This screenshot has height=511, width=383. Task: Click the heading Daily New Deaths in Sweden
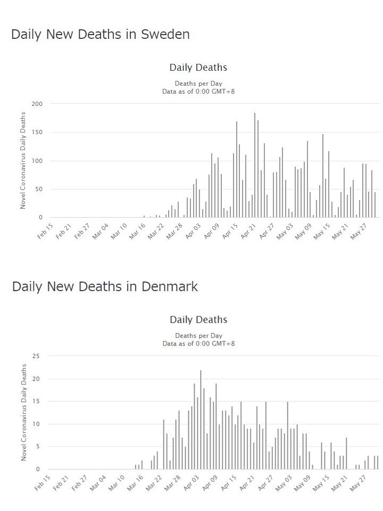pyautogui.click(x=100, y=35)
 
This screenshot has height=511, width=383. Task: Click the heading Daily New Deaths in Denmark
pyautogui.click(x=105, y=287)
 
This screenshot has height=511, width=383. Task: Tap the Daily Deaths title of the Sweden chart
pyautogui.click(x=198, y=68)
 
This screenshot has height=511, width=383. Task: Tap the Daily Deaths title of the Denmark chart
pyautogui.click(x=198, y=320)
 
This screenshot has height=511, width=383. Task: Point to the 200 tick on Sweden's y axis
pyautogui.click(x=37, y=104)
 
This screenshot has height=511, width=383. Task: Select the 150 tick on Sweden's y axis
pyautogui.click(x=37, y=132)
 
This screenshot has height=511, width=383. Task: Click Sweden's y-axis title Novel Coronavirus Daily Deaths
pyautogui.click(x=23, y=160)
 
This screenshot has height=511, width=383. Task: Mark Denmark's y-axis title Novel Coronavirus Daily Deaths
pyautogui.click(x=23, y=413)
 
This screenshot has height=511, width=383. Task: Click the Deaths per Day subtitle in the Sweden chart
pyautogui.click(x=198, y=84)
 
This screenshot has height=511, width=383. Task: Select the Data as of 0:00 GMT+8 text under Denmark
pyautogui.click(x=198, y=344)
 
